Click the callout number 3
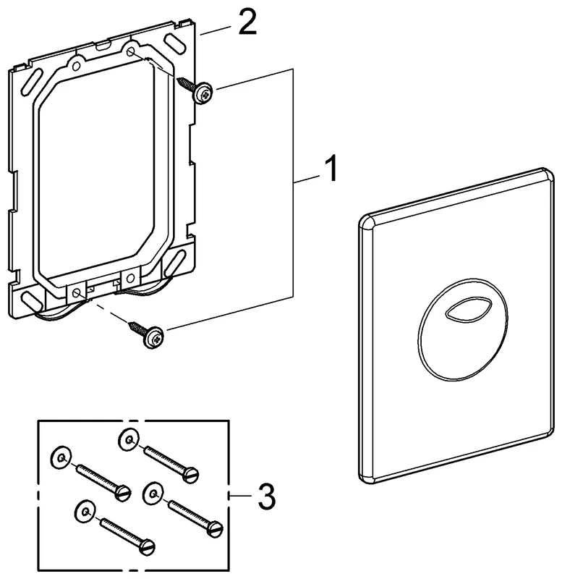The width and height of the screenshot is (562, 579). click(x=266, y=496)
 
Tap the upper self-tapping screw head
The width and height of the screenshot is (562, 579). click(x=204, y=93)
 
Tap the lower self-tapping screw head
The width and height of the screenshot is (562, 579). click(x=153, y=337)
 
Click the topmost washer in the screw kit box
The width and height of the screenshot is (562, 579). click(x=129, y=440)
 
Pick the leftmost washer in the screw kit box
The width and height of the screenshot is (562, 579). click(x=61, y=458)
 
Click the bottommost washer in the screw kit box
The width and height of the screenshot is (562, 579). click(x=85, y=512)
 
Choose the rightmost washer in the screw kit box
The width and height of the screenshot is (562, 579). click(x=153, y=493)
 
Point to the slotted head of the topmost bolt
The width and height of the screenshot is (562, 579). click(x=191, y=475)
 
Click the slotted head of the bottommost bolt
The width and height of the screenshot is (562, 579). click(x=148, y=547)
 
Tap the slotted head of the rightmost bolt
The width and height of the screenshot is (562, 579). click(x=215, y=529)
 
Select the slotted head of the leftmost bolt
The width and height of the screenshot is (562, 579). click(x=123, y=494)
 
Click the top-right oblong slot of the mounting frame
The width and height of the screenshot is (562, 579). click(x=176, y=43)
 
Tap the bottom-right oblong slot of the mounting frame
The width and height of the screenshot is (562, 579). click(x=175, y=263)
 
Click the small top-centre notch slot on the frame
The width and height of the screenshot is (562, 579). click(x=103, y=46)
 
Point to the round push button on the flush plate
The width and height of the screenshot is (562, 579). click(x=463, y=330)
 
